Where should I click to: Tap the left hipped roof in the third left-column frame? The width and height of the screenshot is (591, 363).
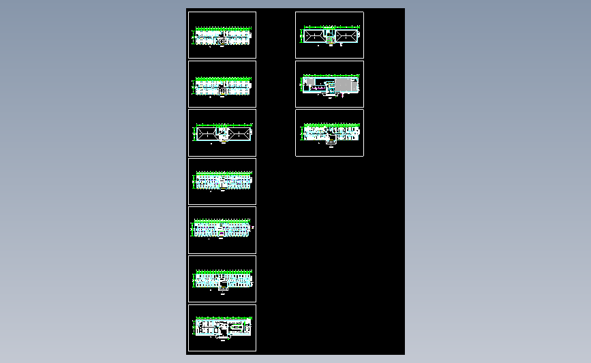[x=207, y=133]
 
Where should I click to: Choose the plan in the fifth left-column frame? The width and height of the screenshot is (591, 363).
[x=223, y=229]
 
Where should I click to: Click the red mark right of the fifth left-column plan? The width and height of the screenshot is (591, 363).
[x=252, y=227]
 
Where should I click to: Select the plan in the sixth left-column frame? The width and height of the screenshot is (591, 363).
[x=223, y=278]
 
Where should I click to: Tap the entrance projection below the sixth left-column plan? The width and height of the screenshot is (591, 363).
[x=221, y=288]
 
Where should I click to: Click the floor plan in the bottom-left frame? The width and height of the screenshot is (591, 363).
[x=223, y=328]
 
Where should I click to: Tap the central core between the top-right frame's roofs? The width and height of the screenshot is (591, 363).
[x=330, y=35]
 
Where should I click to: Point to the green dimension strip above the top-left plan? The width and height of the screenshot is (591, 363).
[x=223, y=29]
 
